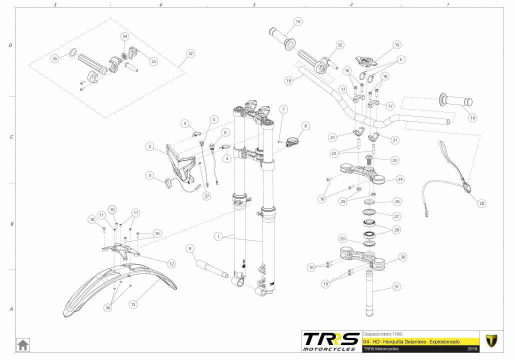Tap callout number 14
(x=298, y=21)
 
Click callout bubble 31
(x=396, y=287)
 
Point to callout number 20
(x=481, y=203)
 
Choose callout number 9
(x=189, y=248)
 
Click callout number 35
(x=55, y=58)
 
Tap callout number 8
(x=306, y=126)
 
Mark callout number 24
(x=399, y=179)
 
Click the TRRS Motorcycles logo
(x=331, y=341)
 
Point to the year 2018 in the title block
(x=472, y=348)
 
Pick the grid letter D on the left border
(x=10, y=45)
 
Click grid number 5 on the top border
(x=55, y=4)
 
